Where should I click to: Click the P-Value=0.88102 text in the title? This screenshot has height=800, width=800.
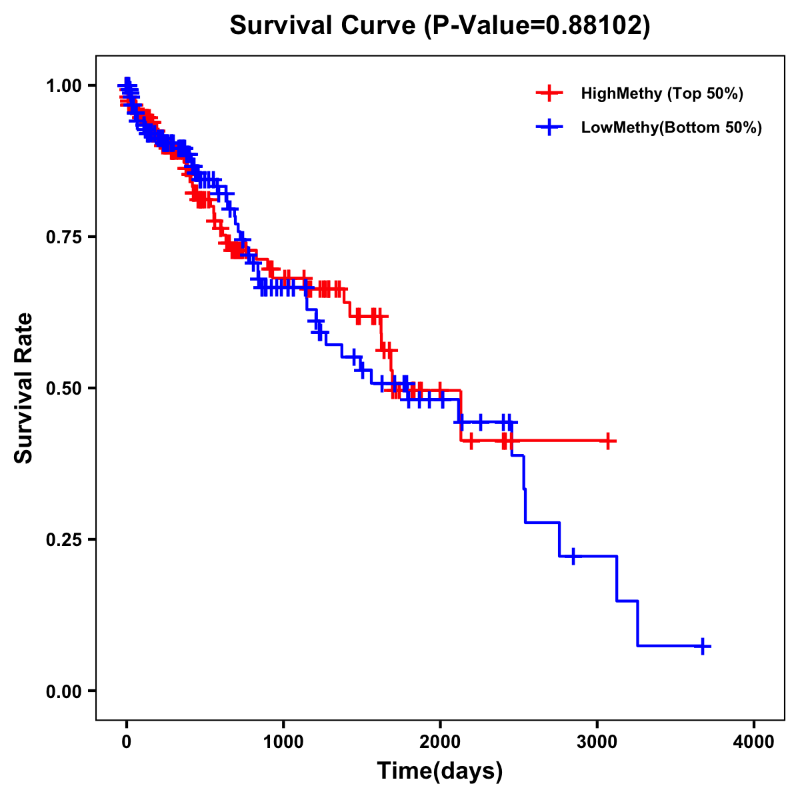pos(539,25)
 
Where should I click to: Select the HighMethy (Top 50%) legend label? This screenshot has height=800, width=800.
pos(662,93)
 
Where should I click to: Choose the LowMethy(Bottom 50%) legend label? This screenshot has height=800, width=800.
pos(671,127)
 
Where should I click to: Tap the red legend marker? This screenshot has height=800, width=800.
pos(549,93)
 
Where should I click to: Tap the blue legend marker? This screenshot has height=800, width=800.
pos(549,127)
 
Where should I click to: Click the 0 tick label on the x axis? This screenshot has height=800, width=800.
pos(127,741)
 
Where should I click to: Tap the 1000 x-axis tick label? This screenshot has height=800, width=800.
pos(283,741)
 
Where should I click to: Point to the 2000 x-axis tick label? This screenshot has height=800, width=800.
pos(440,741)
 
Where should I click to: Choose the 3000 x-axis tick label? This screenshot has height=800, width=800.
pos(597,741)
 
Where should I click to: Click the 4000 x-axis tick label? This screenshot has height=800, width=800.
pos(754,741)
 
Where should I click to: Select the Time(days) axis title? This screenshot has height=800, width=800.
pos(440,771)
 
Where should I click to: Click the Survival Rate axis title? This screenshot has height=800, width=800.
pos(24,388)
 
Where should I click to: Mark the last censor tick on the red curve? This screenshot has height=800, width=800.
pos(607,441)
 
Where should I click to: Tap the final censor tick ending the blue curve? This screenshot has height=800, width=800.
pos(703,646)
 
